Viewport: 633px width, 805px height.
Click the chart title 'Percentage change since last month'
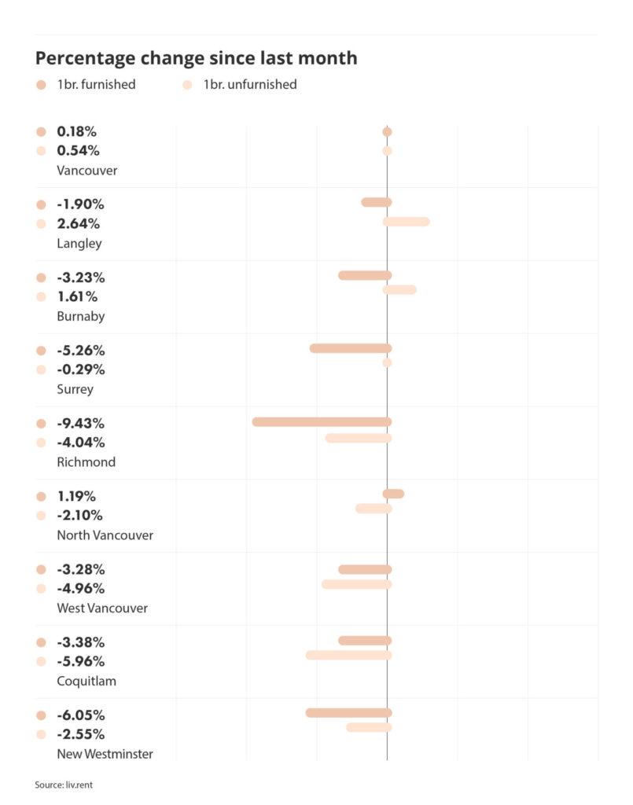click(196, 58)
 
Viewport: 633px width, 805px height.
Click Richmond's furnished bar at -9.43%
click(322, 422)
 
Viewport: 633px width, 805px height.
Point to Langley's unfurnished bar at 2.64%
click(407, 222)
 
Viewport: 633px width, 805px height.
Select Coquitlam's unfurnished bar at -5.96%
click(348, 655)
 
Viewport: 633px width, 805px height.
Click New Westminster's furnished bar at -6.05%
click(348, 713)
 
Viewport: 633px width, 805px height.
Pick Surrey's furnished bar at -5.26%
click(350, 348)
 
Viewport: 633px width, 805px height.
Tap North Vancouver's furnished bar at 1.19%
click(393, 494)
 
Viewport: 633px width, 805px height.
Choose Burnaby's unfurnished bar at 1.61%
click(399, 290)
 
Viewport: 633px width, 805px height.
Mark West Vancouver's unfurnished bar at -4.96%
click(356, 584)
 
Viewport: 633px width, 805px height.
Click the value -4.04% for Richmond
click(80, 442)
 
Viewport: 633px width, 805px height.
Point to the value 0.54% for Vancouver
click(78, 150)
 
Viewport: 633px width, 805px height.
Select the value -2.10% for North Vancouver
click(80, 515)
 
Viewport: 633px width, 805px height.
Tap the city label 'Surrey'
click(75, 389)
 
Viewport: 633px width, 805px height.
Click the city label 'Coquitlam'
click(86, 681)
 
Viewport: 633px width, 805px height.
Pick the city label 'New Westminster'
click(105, 754)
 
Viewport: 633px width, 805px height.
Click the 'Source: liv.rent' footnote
click(68, 785)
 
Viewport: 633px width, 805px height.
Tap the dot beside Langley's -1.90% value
click(41, 204)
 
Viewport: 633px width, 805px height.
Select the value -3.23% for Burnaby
click(80, 278)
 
